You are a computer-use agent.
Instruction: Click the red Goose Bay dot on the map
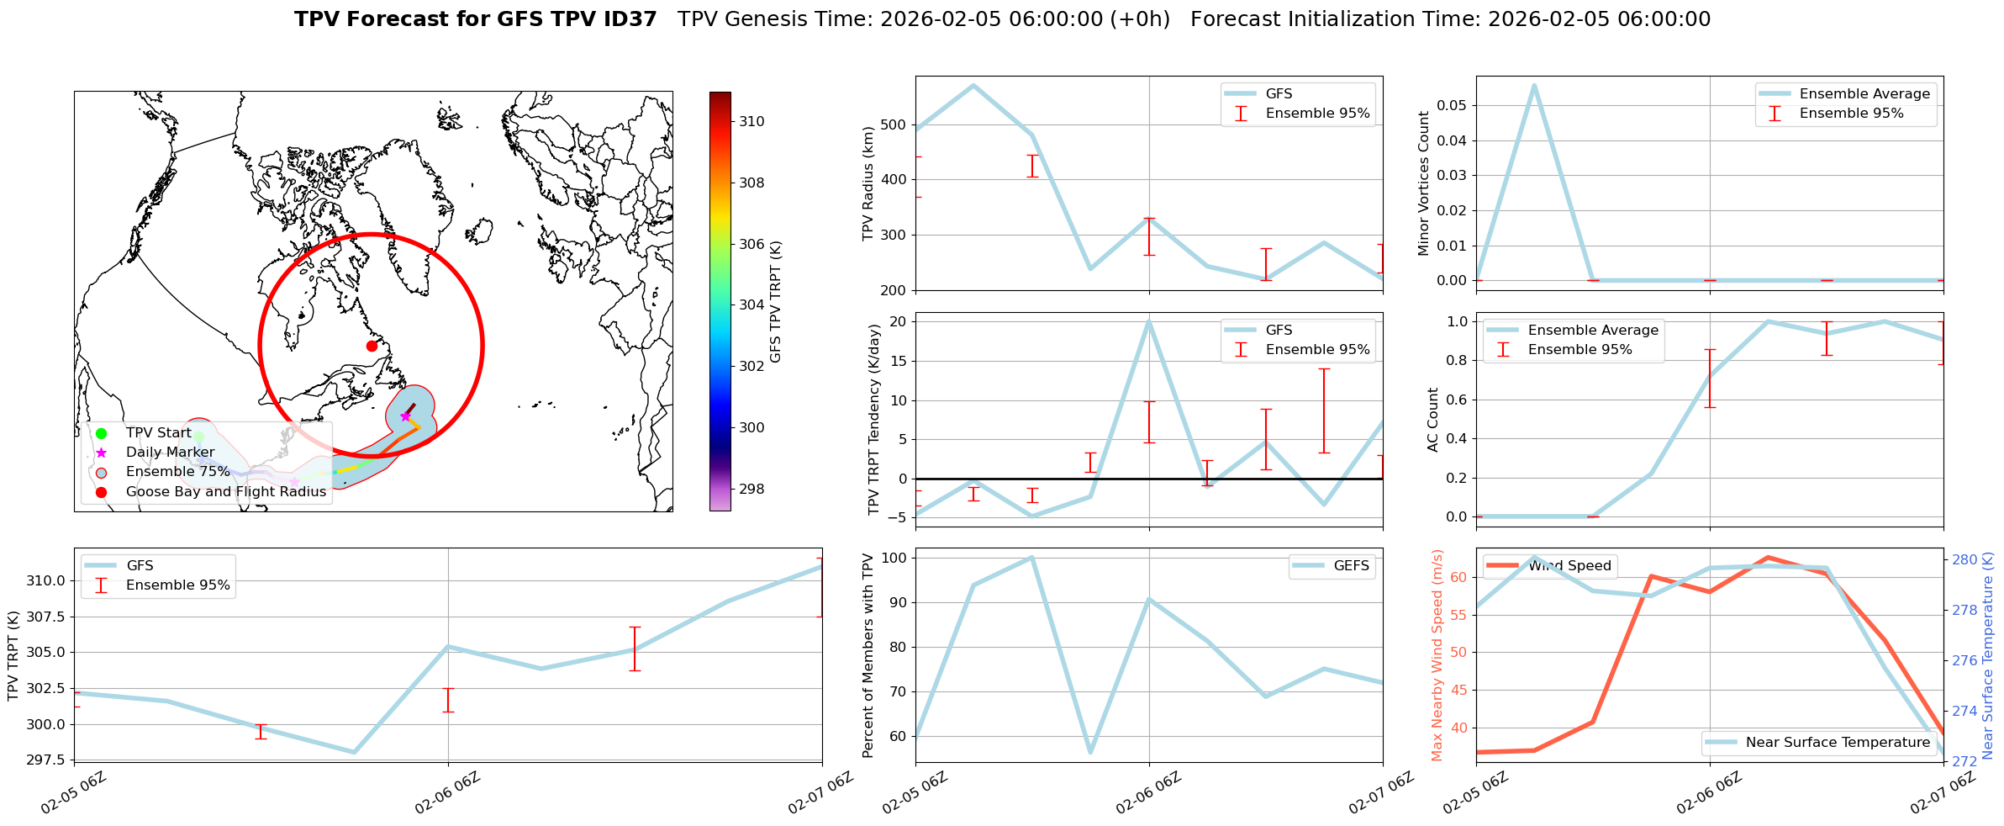(372, 346)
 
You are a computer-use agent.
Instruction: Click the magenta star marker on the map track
(405, 416)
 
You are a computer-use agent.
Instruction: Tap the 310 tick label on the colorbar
(751, 121)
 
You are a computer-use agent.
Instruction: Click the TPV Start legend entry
(158, 433)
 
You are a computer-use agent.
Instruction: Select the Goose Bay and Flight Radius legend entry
(225, 492)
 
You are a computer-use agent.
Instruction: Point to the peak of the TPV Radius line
(973, 85)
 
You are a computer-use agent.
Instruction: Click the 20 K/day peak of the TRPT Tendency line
(1149, 321)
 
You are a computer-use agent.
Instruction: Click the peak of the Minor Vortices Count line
(1534, 85)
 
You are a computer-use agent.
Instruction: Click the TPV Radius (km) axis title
(868, 183)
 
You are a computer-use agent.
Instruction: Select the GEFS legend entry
(1351, 566)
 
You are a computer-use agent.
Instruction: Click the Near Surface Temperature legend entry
(1838, 743)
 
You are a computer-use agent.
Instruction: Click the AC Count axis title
(1433, 419)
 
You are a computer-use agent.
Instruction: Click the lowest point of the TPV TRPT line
(354, 752)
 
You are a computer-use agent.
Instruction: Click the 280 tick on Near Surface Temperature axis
(1964, 559)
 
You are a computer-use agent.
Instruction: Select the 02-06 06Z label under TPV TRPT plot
(447, 793)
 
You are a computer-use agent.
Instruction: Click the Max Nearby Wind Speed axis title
(1437, 654)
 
